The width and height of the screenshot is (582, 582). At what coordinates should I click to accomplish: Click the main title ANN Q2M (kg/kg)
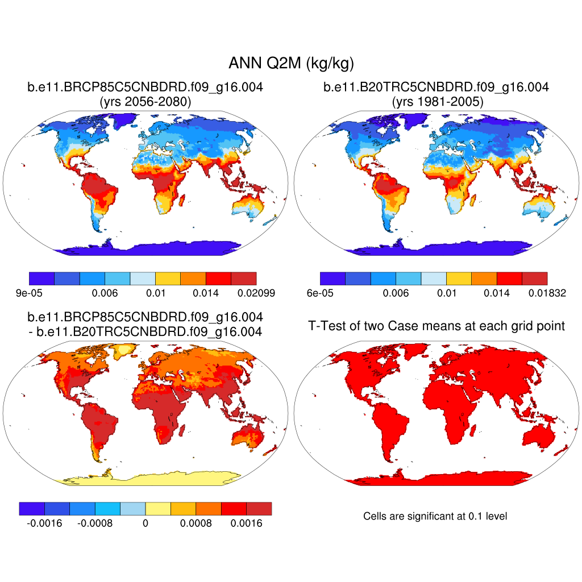[291, 63]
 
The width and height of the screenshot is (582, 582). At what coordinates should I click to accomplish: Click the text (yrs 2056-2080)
[145, 102]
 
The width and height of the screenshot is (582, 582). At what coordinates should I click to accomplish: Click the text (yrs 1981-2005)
[436, 102]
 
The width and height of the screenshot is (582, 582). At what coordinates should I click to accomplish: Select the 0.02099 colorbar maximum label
[257, 293]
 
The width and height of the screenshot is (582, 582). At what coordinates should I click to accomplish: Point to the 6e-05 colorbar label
[320, 293]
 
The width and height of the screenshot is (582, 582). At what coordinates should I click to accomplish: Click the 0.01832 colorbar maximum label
[547, 293]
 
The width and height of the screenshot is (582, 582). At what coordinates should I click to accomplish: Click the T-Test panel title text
[436, 326]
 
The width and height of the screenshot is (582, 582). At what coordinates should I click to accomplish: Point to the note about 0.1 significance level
[435, 516]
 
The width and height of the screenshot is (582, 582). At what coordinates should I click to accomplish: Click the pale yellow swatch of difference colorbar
[158, 509]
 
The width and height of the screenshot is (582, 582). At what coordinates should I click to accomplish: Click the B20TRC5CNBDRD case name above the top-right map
[436, 88]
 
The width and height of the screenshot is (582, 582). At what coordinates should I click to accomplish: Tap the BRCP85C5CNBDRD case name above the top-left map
[145, 88]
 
